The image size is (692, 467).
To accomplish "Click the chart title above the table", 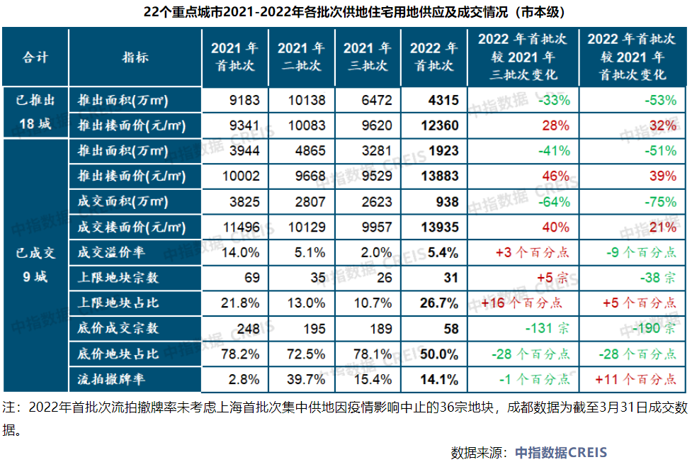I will [346, 12].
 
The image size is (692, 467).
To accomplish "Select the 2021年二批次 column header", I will [301, 57].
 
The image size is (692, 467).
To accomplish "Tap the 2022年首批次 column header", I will [434, 57].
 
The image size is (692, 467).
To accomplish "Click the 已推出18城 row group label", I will [35, 112].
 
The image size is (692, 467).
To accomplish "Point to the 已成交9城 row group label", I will [35, 264].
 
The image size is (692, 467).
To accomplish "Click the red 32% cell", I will [663, 125].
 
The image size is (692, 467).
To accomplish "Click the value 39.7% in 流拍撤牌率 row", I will [307, 379].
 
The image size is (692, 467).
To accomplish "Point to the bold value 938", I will [447, 201].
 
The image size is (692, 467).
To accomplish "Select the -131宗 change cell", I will [548, 328].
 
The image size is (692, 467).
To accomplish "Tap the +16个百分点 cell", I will [522, 303].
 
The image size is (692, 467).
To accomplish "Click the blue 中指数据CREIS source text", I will [560, 452].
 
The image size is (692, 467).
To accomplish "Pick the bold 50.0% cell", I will [439, 354].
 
